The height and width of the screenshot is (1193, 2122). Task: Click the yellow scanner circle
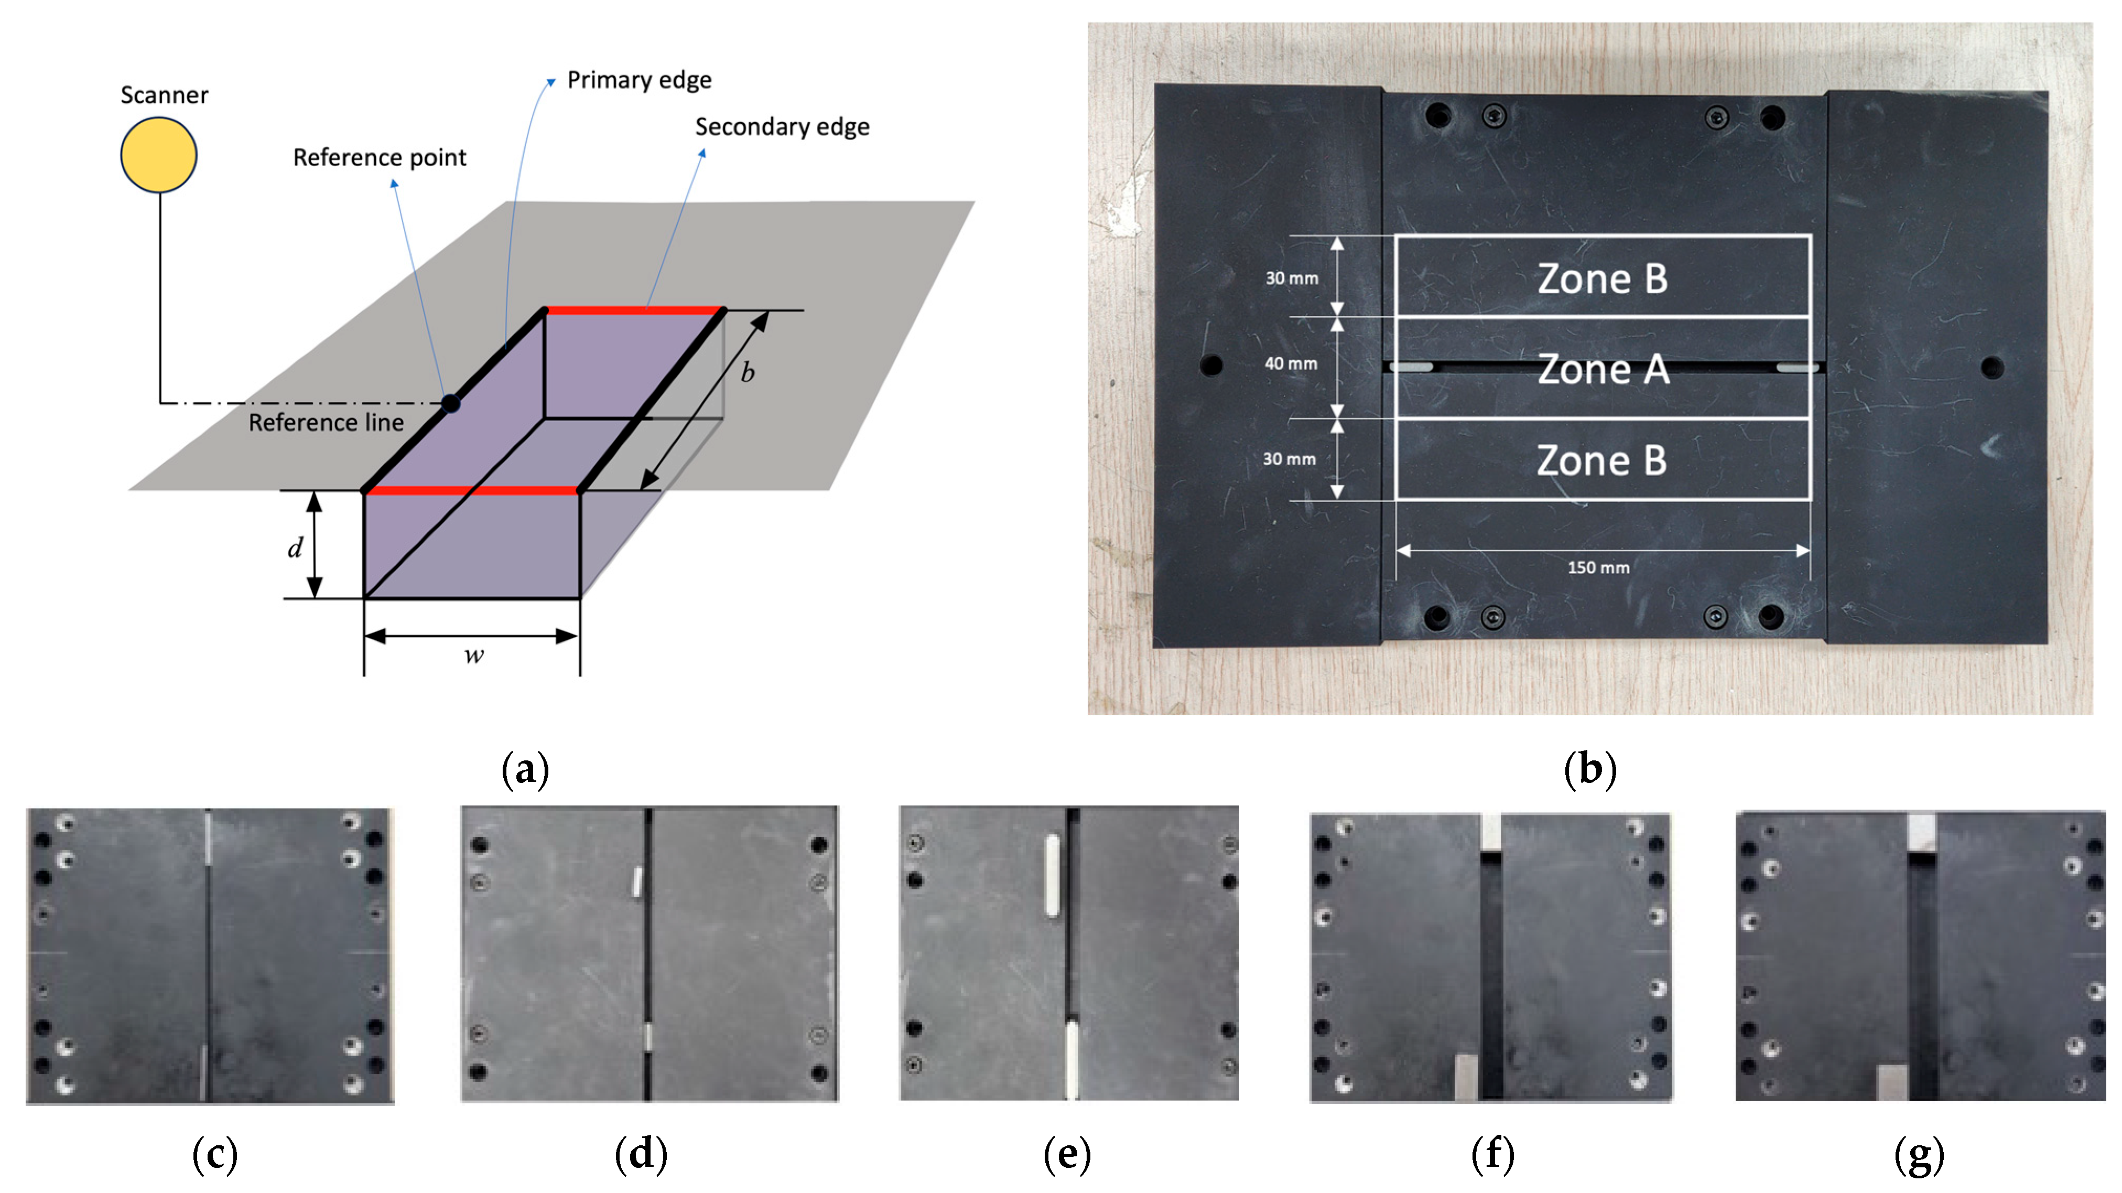tap(159, 155)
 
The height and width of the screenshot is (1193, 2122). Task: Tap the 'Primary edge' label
tap(639, 80)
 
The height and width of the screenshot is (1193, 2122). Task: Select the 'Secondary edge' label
tap(782, 127)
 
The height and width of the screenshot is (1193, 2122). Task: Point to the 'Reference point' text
tap(380, 157)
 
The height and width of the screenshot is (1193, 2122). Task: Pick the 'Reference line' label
tap(326, 423)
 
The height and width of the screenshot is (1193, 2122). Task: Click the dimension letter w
tap(474, 656)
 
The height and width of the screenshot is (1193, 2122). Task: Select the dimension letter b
tap(747, 373)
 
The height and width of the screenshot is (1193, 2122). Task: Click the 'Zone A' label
tap(1603, 369)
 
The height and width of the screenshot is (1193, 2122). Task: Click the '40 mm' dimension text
tap(1291, 363)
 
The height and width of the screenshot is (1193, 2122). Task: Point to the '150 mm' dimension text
tap(1598, 568)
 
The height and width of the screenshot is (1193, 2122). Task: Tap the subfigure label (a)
tap(525, 769)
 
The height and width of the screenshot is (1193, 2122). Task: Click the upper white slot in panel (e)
tap(1052, 875)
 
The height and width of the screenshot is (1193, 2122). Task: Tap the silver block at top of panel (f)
tap(1491, 832)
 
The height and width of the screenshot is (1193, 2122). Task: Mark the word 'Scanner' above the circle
tap(164, 95)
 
